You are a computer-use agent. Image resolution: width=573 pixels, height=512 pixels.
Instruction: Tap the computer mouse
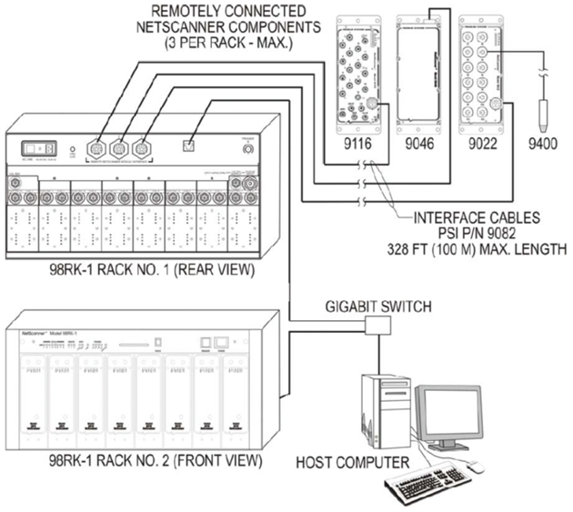pos(472,467)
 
